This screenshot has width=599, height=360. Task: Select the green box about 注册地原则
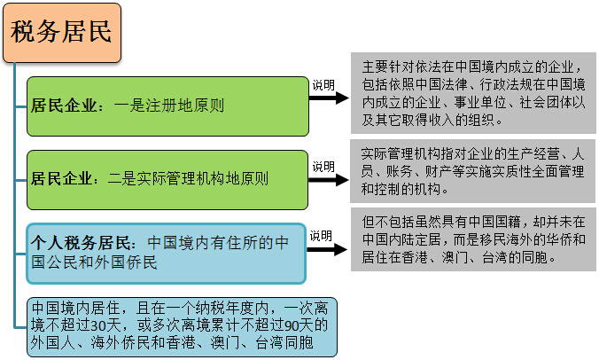(x=167, y=106)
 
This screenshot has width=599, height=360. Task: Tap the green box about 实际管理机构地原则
(x=167, y=177)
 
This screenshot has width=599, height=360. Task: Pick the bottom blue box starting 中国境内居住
(x=182, y=325)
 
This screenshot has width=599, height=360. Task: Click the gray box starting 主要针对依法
(x=473, y=93)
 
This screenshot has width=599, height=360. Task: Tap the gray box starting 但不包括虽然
(x=473, y=240)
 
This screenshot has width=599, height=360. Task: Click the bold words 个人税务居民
(x=83, y=241)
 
